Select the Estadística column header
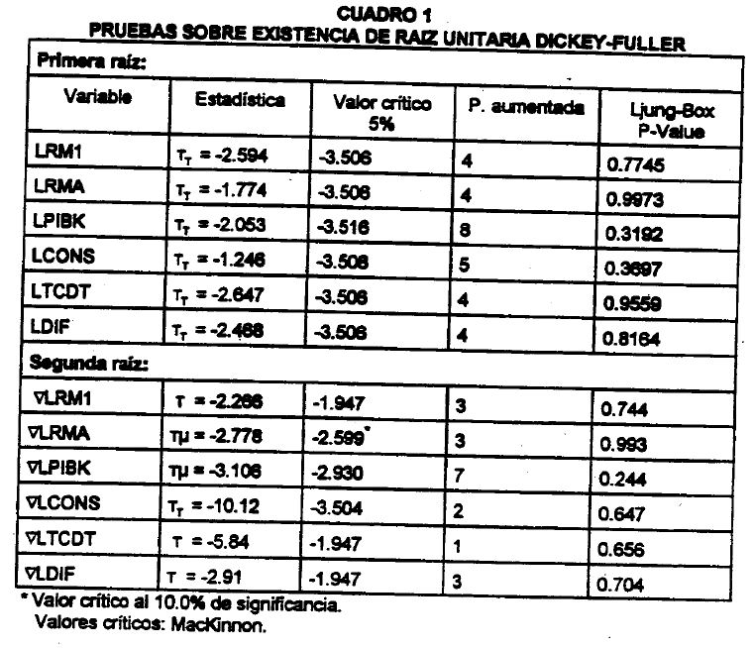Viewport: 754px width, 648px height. coord(240,100)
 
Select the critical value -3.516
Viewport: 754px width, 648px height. coord(344,227)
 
